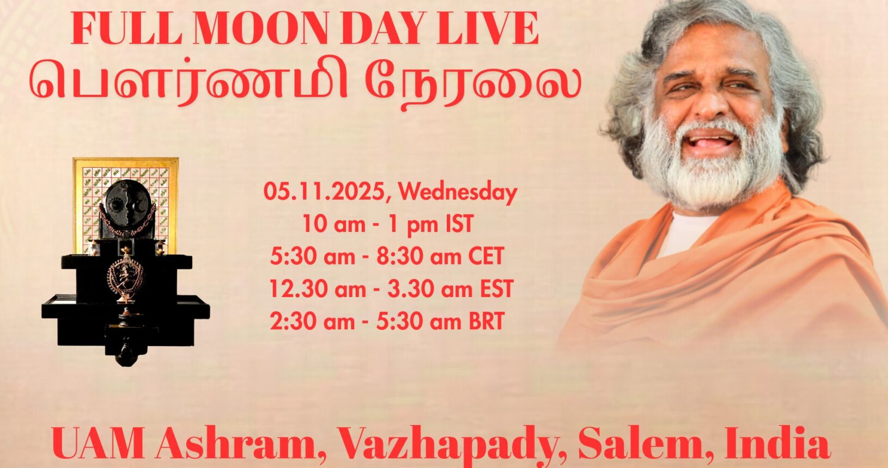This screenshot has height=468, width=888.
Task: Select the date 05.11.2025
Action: (x=324, y=193)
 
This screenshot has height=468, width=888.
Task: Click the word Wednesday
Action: (x=458, y=193)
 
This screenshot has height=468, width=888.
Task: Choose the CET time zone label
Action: (x=486, y=256)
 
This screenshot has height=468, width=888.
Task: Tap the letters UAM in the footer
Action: (x=98, y=444)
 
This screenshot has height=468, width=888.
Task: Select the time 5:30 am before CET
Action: (x=313, y=256)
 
